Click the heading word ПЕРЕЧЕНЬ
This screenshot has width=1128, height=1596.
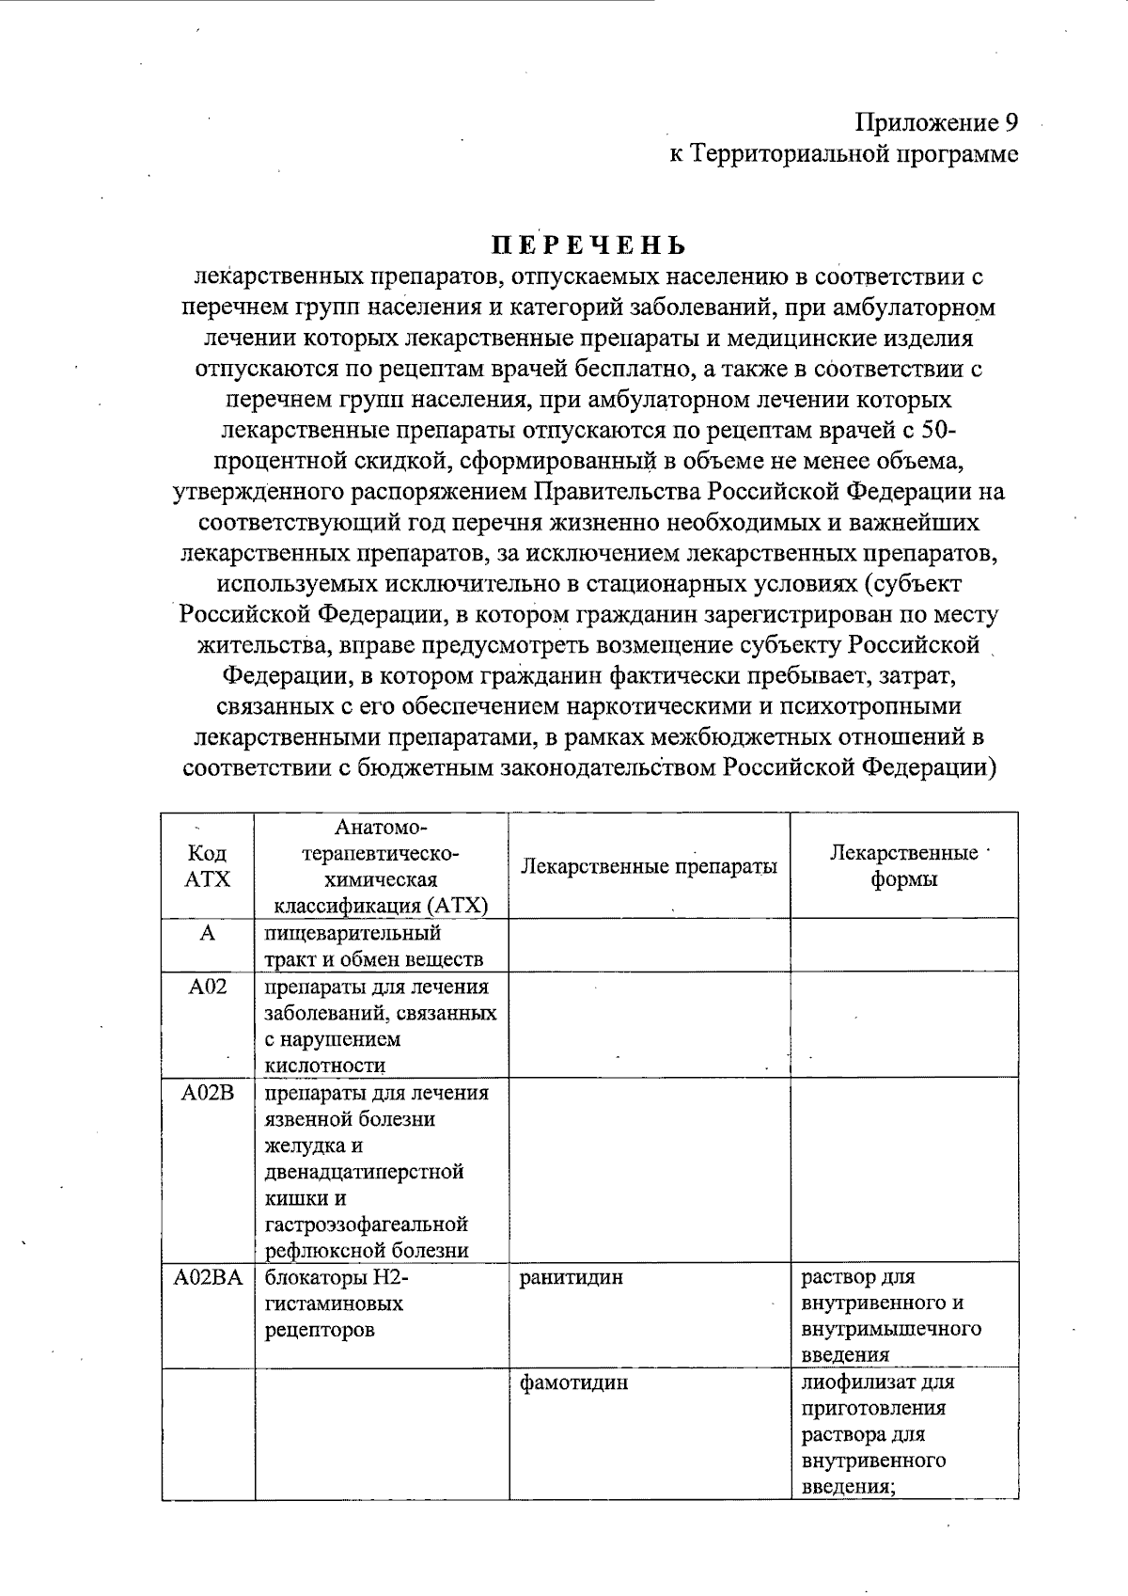tap(589, 246)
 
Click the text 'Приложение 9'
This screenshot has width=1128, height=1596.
tap(936, 123)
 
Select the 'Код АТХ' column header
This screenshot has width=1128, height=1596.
tap(207, 865)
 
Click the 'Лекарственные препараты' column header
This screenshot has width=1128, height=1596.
tap(649, 865)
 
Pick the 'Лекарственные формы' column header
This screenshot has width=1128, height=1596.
tap(903, 865)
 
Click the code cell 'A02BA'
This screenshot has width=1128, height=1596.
tap(208, 1278)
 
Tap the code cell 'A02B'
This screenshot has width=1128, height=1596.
tap(208, 1093)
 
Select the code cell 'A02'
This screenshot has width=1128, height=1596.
tap(208, 988)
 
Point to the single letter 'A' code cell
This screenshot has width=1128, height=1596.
tap(208, 933)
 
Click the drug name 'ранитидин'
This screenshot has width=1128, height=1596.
tap(571, 1278)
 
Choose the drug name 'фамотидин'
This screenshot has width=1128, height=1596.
tap(573, 1383)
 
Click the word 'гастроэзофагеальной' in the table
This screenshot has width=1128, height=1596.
tap(367, 1225)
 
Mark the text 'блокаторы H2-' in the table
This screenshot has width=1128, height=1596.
tap(337, 1278)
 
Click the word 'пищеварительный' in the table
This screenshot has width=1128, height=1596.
tap(352, 933)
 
